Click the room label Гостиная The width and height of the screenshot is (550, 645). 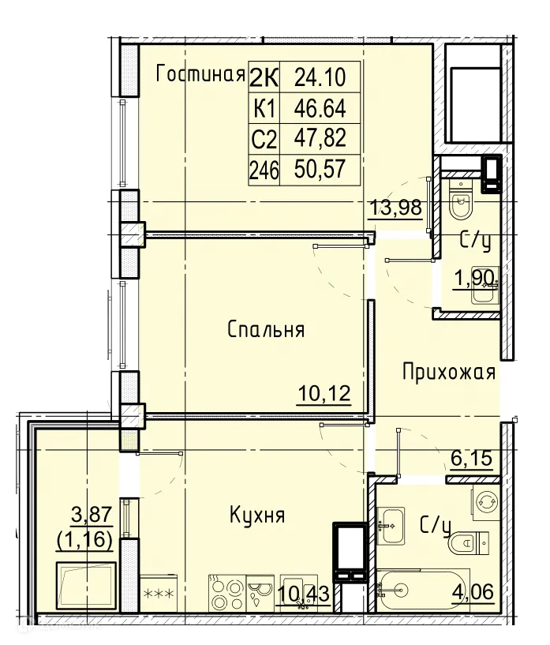(198, 75)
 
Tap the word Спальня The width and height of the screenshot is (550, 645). (266, 329)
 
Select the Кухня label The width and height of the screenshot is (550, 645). (256, 516)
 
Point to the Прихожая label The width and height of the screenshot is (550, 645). (448, 372)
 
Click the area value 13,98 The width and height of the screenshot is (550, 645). (395, 209)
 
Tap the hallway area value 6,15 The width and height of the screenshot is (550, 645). (470, 458)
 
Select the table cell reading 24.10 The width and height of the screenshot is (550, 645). (320, 77)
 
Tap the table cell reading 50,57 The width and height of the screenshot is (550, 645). (320, 169)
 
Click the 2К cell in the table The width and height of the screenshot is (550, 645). (264, 77)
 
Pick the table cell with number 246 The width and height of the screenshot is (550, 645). (264, 169)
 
